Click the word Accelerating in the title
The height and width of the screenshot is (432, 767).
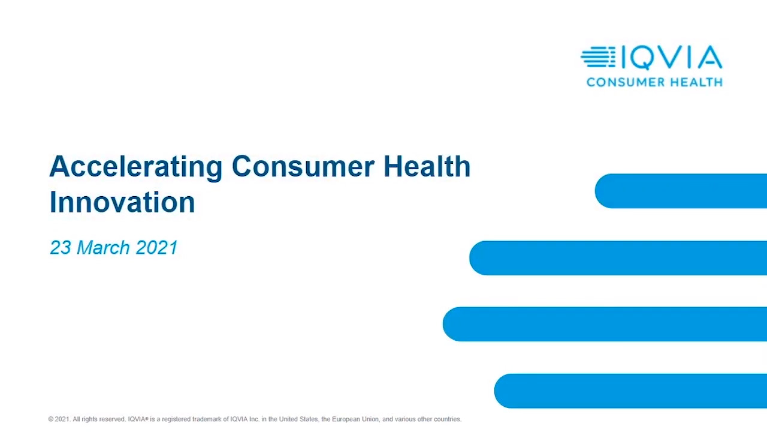tap(136, 167)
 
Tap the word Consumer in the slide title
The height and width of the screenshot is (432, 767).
tap(303, 166)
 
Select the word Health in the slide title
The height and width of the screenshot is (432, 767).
tap(427, 166)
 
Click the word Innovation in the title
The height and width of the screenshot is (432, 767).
tap(122, 202)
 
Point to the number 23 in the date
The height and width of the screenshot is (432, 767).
tap(61, 247)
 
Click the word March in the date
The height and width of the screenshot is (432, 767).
tap(104, 247)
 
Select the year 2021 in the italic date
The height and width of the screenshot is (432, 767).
tap(157, 247)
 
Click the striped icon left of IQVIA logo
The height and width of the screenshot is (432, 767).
tap(598, 56)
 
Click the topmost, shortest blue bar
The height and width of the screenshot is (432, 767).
tap(681, 191)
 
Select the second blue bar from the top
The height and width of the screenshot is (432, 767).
tap(618, 258)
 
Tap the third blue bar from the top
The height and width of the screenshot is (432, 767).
tap(605, 324)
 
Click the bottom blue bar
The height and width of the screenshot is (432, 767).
tap(630, 391)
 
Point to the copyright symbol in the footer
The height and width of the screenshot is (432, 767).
tap(51, 419)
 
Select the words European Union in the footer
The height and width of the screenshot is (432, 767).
tap(355, 419)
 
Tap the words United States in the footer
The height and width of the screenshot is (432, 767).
tap(298, 419)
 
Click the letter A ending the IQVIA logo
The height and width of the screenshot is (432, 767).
tap(710, 57)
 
